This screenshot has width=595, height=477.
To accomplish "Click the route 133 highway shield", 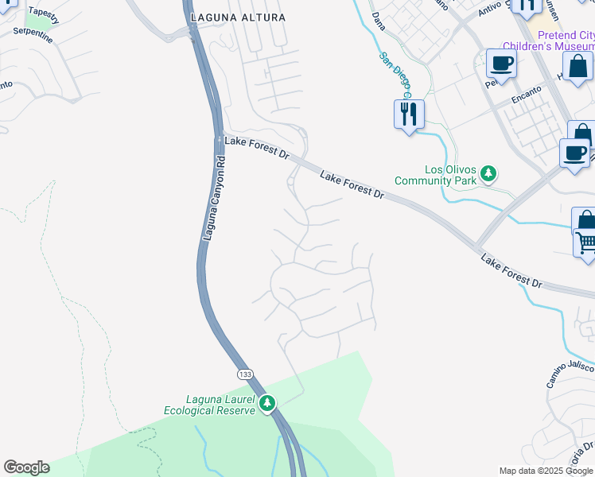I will click(245, 373).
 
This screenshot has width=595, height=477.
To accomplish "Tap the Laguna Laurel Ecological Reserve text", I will click(210, 405).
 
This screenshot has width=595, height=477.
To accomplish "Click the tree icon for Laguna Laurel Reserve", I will click(268, 404).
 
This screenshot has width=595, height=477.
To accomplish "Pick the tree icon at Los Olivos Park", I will click(489, 173).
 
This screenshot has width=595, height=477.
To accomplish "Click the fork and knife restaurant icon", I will click(409, 114).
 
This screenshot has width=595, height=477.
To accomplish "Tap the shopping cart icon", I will click(586, 242).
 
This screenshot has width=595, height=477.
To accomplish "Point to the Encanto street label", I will click(526, 94).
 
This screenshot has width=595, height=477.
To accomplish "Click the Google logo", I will click(26, 467).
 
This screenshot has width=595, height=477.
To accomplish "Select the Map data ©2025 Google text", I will click(546, 471).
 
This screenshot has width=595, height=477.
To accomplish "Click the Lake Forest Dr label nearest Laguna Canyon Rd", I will click(256, 146).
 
